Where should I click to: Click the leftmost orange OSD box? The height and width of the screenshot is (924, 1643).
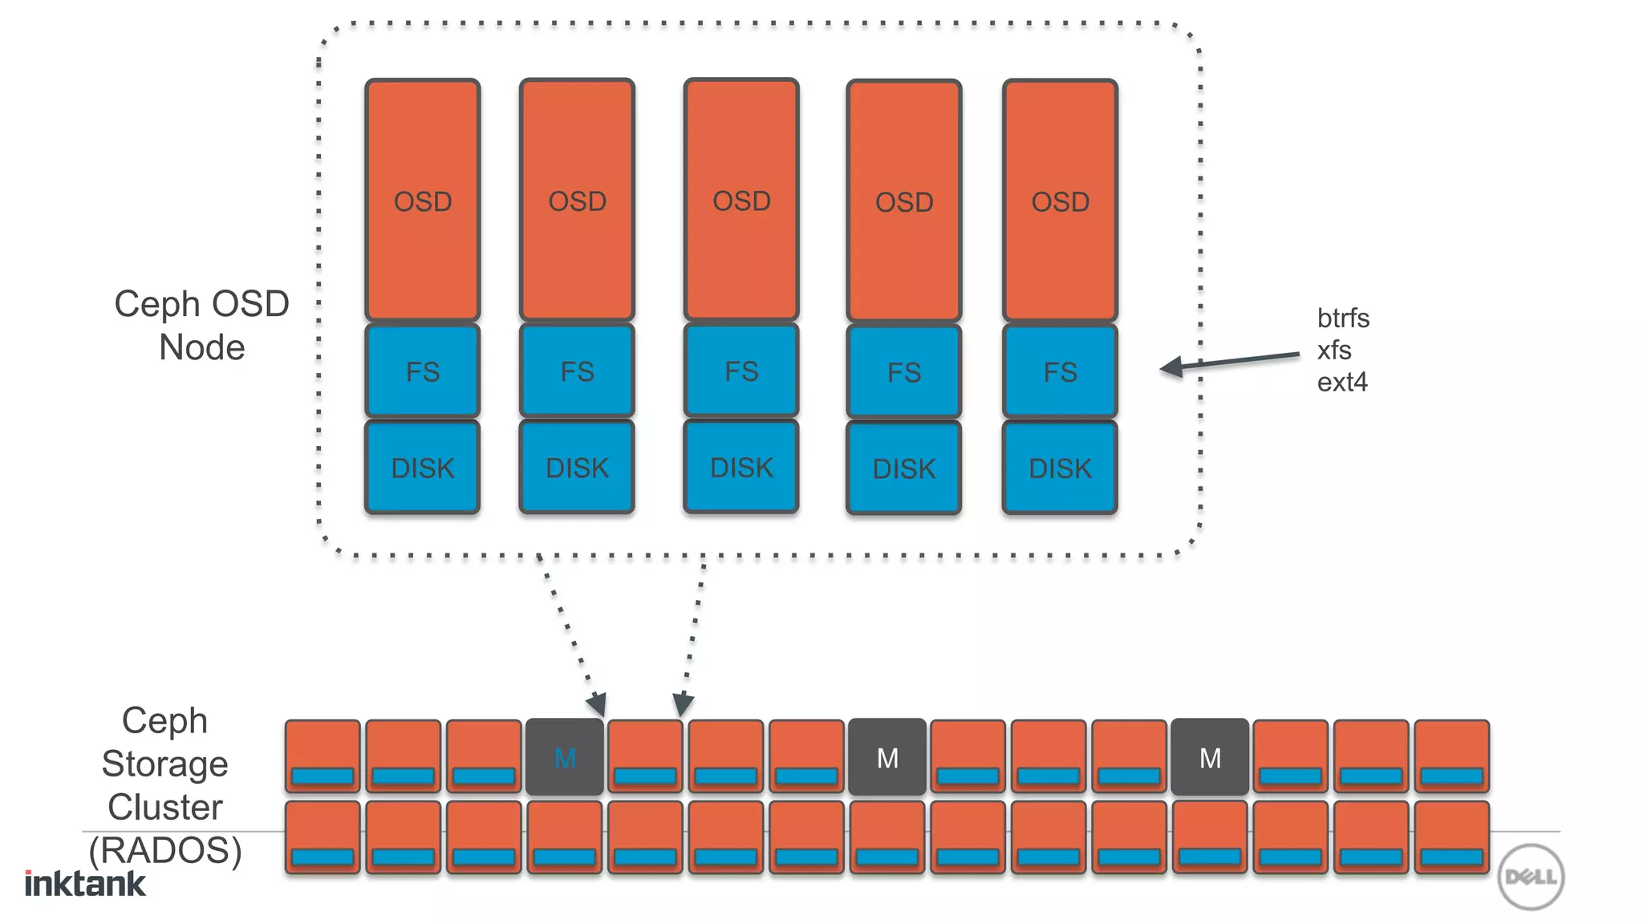[423, 201]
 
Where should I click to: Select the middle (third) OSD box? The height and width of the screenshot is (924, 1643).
[741, 201]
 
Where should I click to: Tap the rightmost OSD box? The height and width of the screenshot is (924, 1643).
[1060, 201]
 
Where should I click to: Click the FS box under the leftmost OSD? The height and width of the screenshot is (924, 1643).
[423, 371]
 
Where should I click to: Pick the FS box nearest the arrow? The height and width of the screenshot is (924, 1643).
[1060, 371]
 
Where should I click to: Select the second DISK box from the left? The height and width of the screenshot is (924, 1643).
[577, 468]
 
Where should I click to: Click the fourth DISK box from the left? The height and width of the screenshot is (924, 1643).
[904, 468]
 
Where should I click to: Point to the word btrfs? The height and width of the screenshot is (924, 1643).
[1343, 318]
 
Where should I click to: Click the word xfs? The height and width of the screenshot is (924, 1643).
[1334, 351]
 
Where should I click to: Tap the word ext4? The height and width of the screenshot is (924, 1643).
[1342, 383]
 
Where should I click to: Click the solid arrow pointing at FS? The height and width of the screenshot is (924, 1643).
[1231, 361]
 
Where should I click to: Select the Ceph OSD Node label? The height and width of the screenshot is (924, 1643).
[201, 326]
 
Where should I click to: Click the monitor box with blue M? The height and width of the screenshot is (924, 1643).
[565, 757]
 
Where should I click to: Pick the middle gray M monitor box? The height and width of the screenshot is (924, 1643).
[887, 757]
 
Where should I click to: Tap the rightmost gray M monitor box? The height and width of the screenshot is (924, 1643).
[1210, 757]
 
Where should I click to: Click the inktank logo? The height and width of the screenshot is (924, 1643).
[85, 883]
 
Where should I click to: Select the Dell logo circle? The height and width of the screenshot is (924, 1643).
[1531, 877]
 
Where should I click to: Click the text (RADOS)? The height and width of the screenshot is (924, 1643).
[165, 850]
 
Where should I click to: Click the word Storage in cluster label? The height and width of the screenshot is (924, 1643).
[165, 764]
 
